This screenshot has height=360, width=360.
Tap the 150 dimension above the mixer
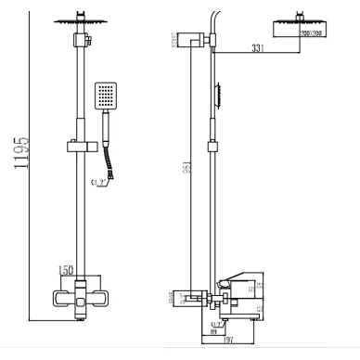pyautogui.click(x=66, y=269)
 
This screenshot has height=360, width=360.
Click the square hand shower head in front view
pyautogui.click(x=104, y=96)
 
